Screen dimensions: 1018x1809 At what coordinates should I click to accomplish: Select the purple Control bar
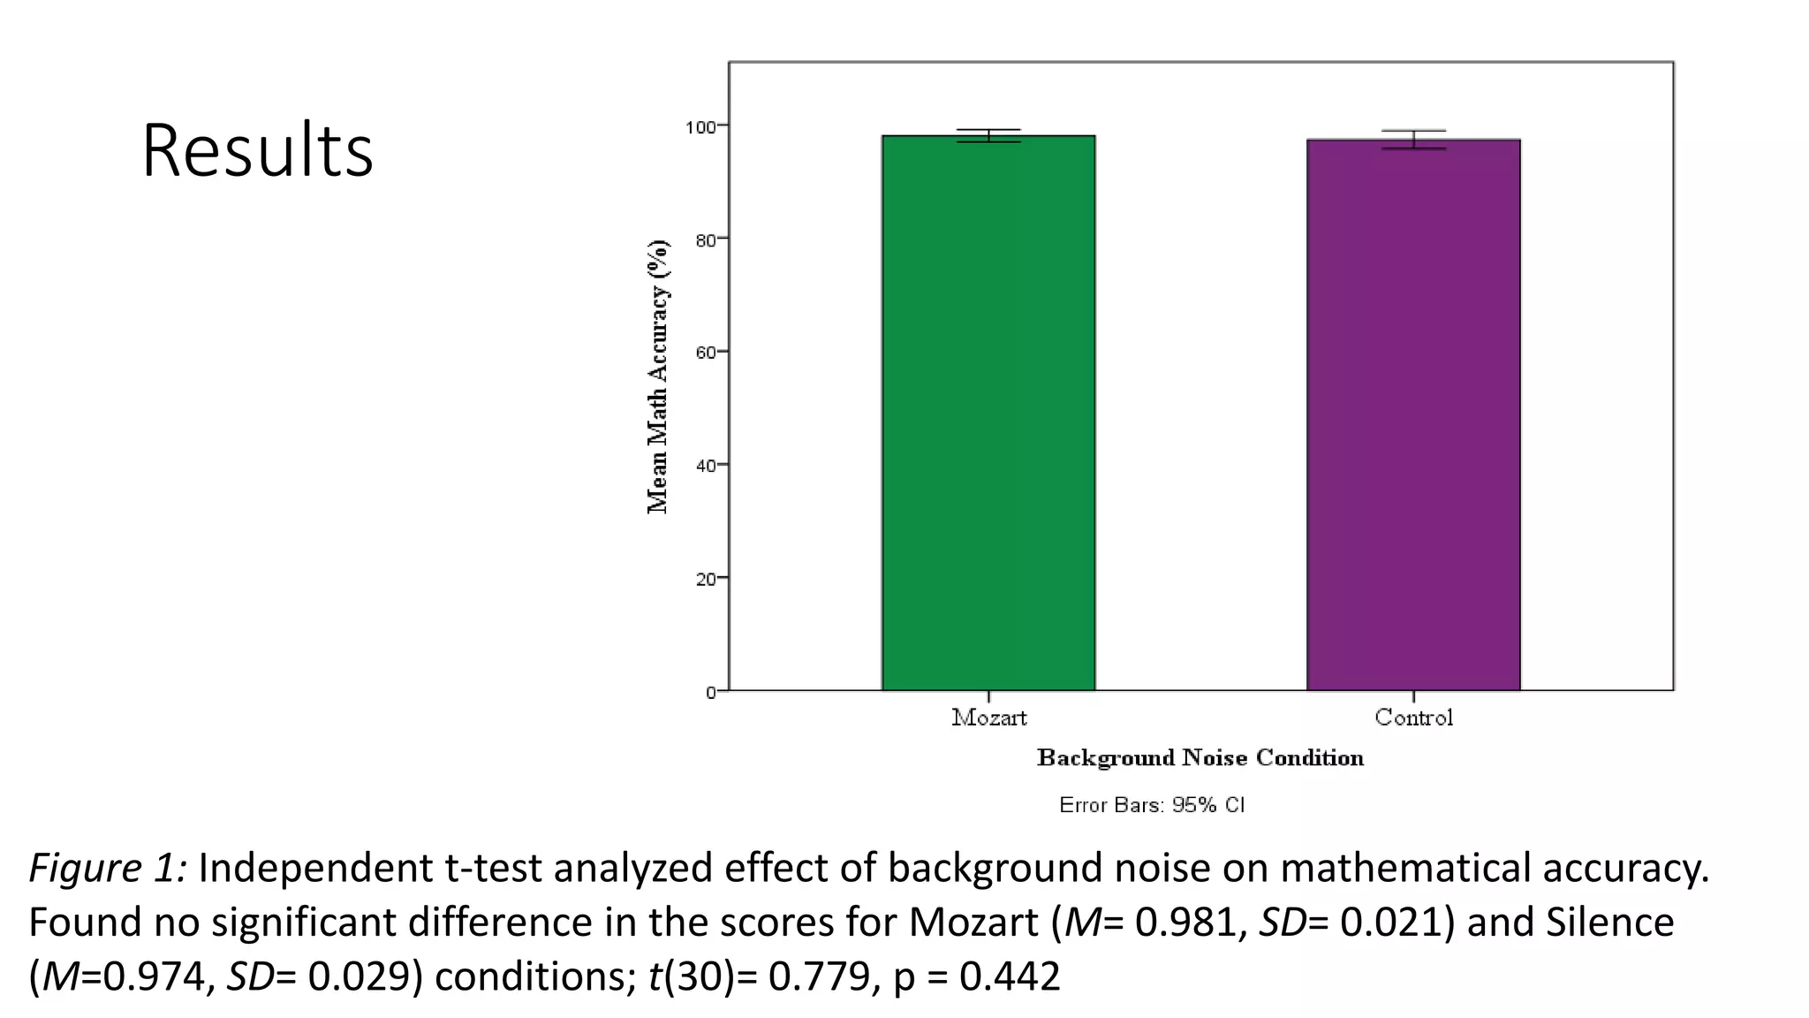tap(1413, 414)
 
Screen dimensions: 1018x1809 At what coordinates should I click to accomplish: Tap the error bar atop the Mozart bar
tap(988, 135)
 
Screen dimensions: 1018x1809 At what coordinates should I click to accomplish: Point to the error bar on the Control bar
tap(1413, 140)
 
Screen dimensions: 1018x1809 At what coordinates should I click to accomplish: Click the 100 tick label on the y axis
tap(700, 127)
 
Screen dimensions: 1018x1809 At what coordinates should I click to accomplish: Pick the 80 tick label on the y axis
tap(705, 239)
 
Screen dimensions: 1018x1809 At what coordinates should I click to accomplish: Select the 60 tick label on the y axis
tap(705, 353)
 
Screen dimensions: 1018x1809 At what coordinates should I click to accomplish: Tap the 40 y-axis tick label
tap(705, 466)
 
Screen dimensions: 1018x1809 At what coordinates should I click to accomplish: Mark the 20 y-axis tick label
tap(705, 579)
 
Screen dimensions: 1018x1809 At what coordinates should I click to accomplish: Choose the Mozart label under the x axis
tap(989, 718)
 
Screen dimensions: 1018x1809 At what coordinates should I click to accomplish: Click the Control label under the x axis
tap(1413, 718)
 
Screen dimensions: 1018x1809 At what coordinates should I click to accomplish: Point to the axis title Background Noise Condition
tap(1200, 758)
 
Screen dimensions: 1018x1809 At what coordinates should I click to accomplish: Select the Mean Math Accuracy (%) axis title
tap(658, 376)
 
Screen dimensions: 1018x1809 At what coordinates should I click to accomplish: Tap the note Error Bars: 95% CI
tap(1152, 805)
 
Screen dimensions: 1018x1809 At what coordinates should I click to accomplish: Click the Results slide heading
tap(257, 150)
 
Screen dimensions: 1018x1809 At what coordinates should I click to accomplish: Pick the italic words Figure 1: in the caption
tap(108, 869)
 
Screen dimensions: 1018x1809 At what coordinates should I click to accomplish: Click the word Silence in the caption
tap(1609, 923)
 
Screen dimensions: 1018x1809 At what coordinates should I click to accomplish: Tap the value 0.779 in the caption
tap(819, 977)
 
